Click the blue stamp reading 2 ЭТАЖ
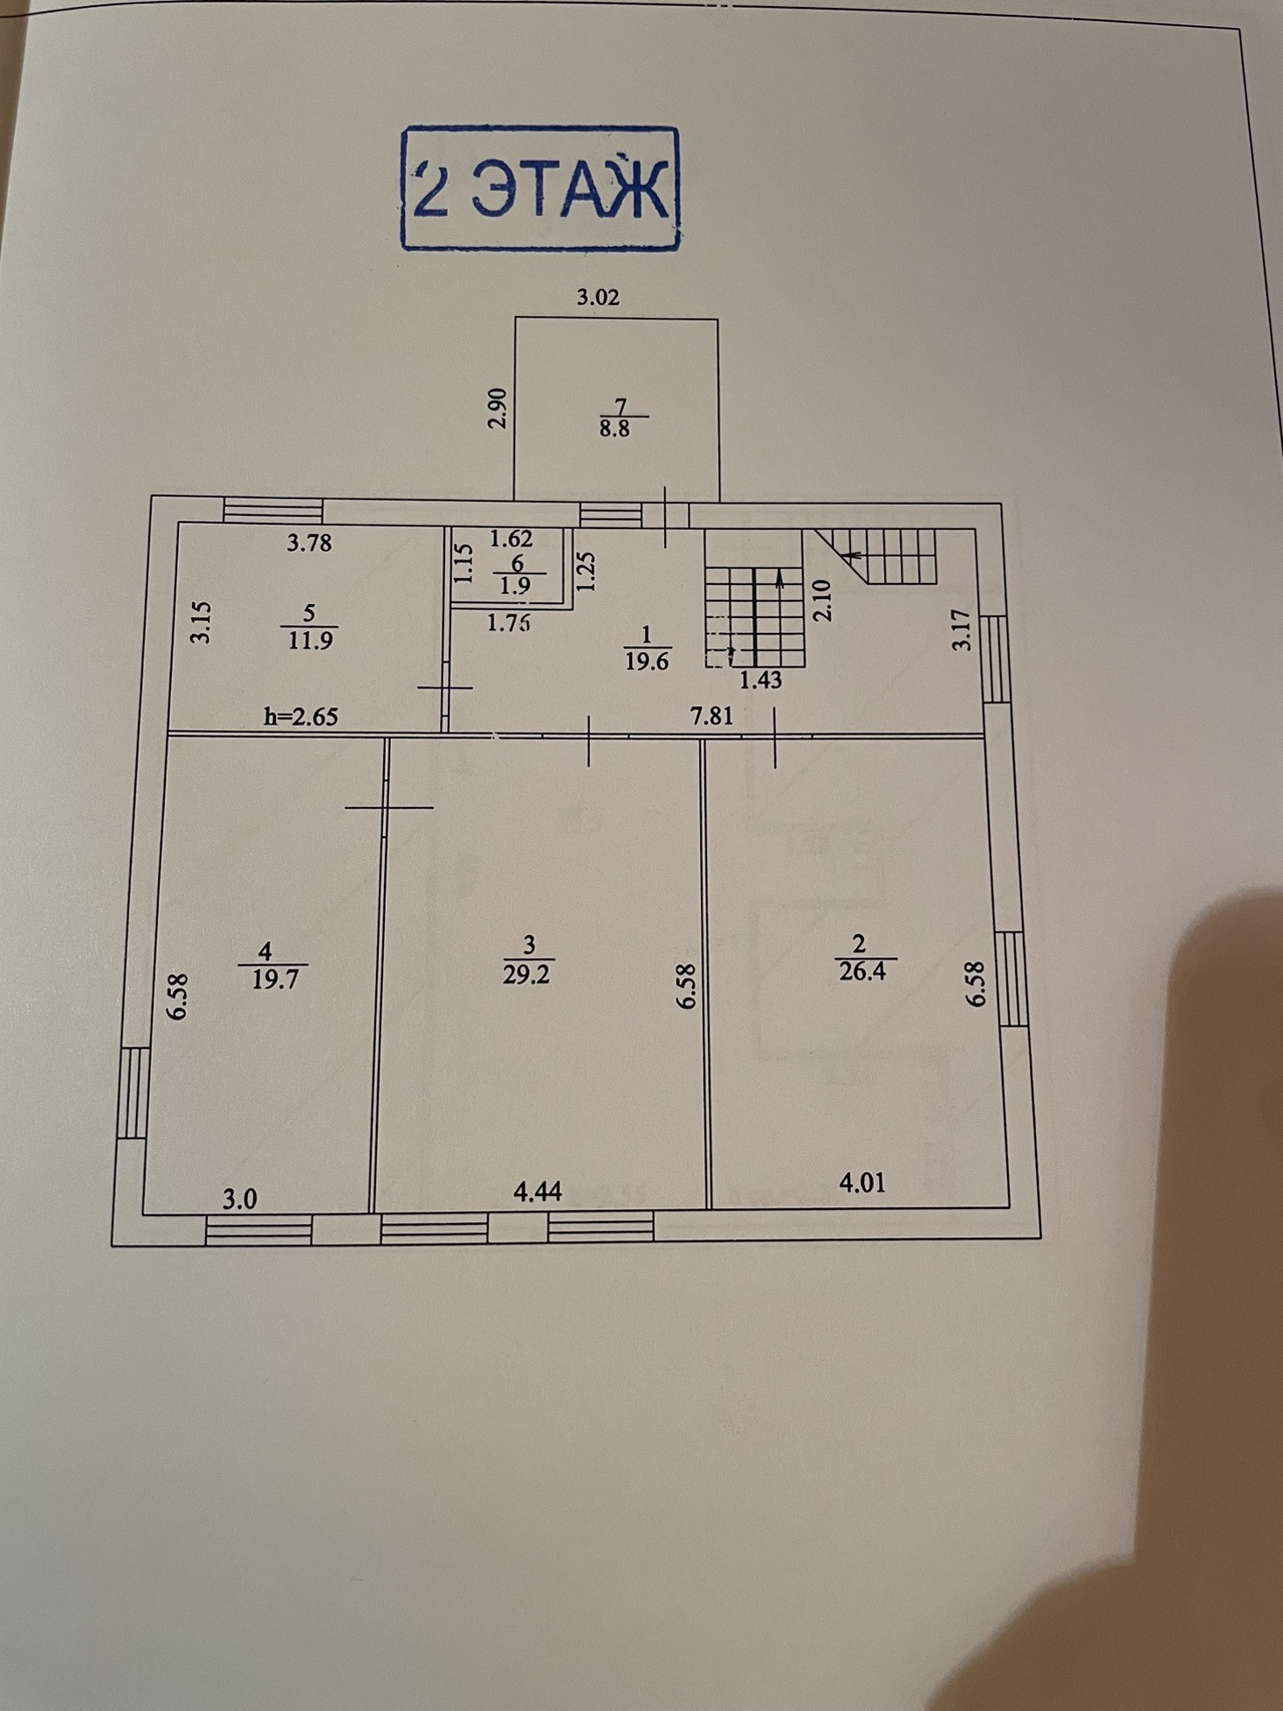539,189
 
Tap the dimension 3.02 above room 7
598,298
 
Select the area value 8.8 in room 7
614,429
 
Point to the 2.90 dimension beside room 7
497,409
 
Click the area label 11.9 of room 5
310,640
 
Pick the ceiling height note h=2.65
300,718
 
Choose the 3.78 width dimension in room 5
310,543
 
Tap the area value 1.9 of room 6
516,586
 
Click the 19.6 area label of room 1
647,662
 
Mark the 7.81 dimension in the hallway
711,717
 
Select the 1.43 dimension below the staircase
760,680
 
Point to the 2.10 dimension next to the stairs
822,601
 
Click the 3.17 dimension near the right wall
962,630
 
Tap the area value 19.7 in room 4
275,979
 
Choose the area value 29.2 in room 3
526,974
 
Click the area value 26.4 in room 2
862,972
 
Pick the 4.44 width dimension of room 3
538,1192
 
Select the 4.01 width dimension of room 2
861,1183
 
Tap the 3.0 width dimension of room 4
239,1199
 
